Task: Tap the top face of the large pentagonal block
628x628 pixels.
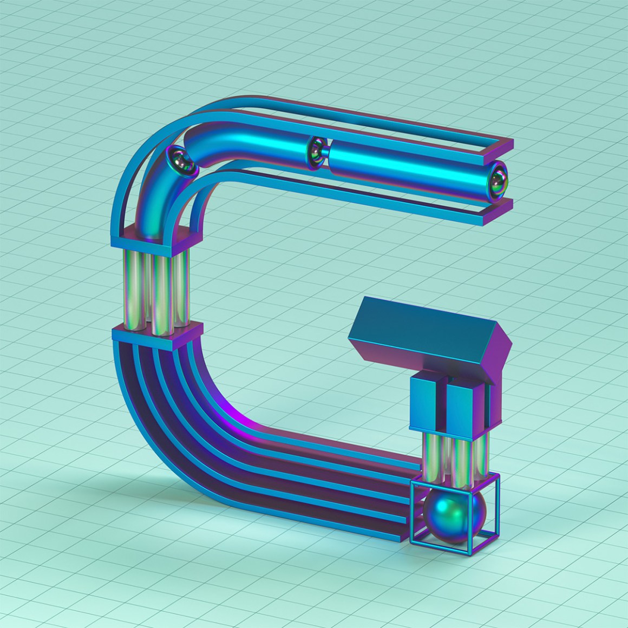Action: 428,319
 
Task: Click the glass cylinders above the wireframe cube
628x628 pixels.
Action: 452,455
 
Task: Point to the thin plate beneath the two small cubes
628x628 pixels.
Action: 449,430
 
